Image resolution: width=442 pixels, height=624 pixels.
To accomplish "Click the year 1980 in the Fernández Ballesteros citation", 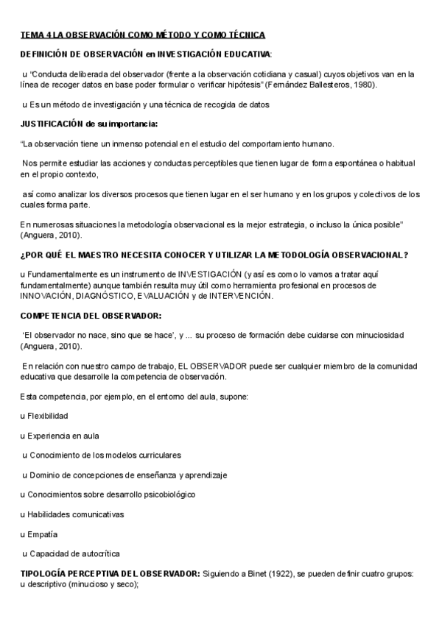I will coord(362,85).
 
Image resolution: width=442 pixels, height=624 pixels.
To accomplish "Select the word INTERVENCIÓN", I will coord(239,296).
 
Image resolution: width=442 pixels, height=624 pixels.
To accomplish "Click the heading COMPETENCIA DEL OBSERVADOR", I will coord(90,315).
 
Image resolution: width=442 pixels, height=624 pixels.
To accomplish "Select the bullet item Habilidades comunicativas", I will coord(75,514).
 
